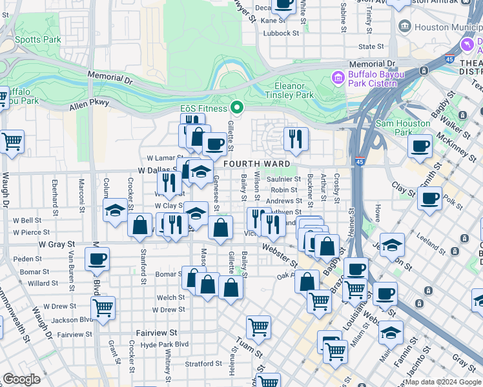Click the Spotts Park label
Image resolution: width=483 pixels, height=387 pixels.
43,39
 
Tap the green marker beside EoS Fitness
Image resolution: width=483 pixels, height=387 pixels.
237,107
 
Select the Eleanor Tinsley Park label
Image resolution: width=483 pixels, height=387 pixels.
289,90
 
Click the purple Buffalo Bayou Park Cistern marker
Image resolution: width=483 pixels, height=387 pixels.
336,78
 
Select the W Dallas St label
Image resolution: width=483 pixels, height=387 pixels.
158,170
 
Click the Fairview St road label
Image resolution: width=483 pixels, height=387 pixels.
156,333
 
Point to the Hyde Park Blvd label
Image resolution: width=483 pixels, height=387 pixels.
165,344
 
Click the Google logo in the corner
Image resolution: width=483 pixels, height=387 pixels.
21,379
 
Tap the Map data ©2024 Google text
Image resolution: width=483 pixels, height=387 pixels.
443,382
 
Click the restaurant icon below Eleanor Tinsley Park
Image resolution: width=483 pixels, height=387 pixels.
296,138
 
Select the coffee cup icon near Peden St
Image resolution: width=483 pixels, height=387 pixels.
97,259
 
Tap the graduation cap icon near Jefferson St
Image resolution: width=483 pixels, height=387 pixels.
391,245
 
